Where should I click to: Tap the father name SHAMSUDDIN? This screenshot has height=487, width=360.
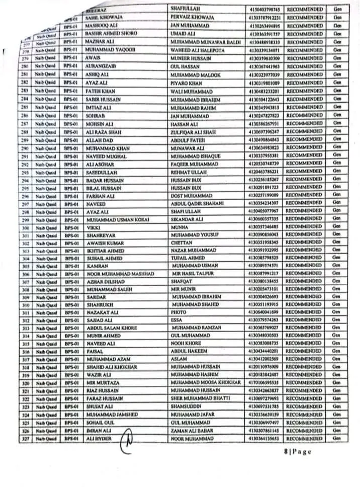[x=186, y=407]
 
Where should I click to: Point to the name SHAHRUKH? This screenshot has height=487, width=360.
[x=98, y=304]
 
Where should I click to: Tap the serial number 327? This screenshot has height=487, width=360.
[x=24, y=439]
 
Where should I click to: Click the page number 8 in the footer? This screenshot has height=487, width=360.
[x=285, y=452]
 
